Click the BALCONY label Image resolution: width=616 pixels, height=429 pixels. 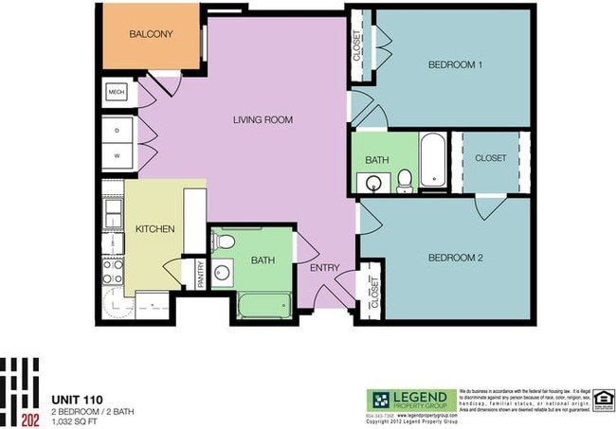tap(151, 35)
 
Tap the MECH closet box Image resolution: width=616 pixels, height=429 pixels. tap(117, 92)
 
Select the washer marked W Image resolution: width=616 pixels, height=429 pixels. tap(118, 153)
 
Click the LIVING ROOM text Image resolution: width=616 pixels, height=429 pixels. tap(263, 120)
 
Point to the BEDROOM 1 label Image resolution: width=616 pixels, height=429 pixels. tap(456, 64)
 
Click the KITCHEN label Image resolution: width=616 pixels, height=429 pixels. tap(153, 230)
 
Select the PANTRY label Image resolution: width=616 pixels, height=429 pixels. tap(200, 274)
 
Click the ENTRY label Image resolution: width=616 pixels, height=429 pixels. tap(324, 268)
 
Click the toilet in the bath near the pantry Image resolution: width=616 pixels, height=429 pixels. tap(225, 242)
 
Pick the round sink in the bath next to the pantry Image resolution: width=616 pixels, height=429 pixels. tap(225, 276)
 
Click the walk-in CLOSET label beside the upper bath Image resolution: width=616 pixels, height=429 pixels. tap(490, 158)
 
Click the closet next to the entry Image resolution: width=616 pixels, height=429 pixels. tap(372, 293)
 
